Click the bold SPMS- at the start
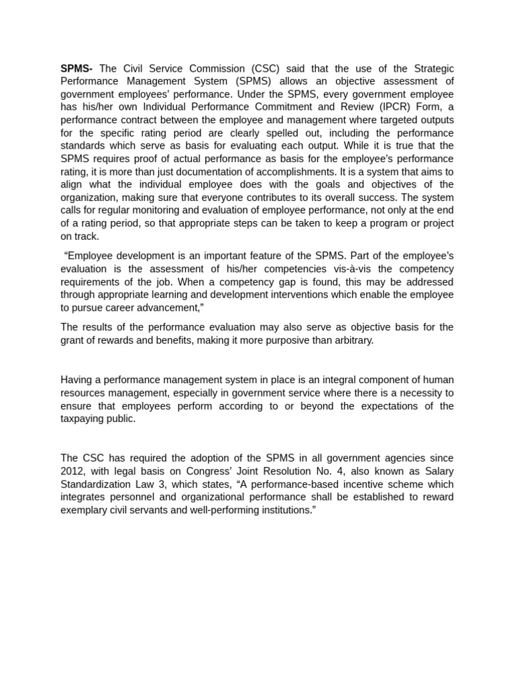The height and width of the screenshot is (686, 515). click(x=77, y=68)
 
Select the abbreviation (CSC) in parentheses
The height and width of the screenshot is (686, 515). click(x=270, y=68)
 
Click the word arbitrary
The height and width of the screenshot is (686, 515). click(x=349, y=340)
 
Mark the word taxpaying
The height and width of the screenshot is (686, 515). click(x=84, y=418)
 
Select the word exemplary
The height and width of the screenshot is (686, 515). click(x=84, y=509)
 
